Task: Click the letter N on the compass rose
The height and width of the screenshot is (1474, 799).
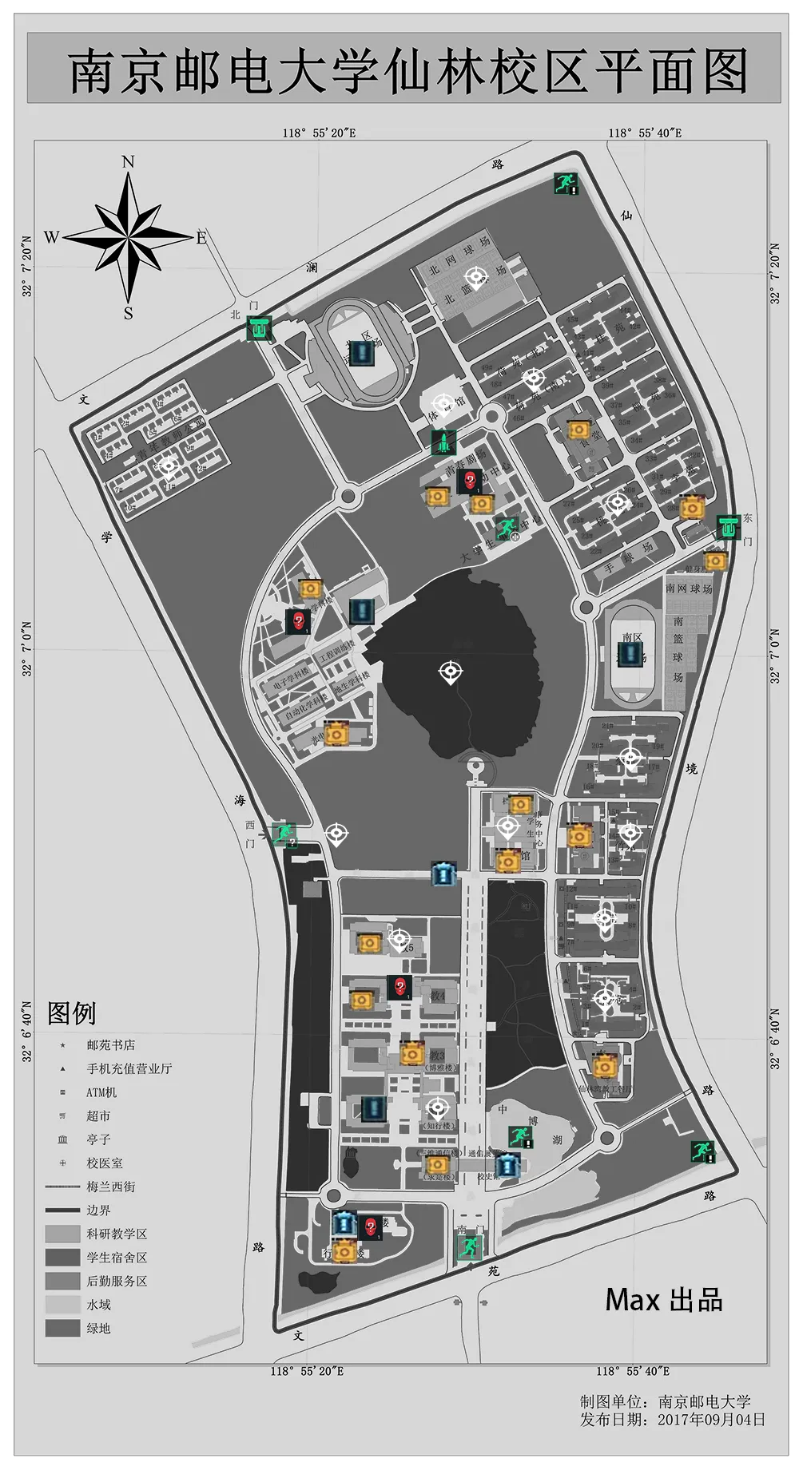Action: point(128,162)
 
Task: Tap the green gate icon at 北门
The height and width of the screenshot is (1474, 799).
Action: point(258,328)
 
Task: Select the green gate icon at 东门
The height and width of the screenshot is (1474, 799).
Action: point(727,527)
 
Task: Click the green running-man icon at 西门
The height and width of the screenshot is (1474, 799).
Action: point(283,834)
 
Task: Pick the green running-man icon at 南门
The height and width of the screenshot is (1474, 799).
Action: point(469,1246)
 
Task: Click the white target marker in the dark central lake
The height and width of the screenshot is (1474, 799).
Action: point(451,672)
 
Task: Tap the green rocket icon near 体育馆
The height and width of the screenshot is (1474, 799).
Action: point(443,442)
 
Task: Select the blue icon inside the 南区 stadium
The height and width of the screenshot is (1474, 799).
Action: point(633,654)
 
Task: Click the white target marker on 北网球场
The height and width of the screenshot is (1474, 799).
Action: point(477,278)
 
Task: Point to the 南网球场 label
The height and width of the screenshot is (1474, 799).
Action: point(689,588)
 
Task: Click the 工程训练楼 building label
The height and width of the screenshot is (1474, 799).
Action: point(337,652)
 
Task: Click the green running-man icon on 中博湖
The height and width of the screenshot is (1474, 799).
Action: point(521,1136)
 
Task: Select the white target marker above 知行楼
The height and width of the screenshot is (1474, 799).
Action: point(437,1107)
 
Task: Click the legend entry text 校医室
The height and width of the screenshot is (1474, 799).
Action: point(105,1163)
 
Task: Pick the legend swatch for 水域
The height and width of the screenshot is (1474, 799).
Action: point(62,1305)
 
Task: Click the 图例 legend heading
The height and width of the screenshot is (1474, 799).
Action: point(71,1013)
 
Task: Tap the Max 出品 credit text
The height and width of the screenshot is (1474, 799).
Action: point(663,1299)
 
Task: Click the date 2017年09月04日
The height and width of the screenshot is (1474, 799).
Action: point(711,1419)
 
